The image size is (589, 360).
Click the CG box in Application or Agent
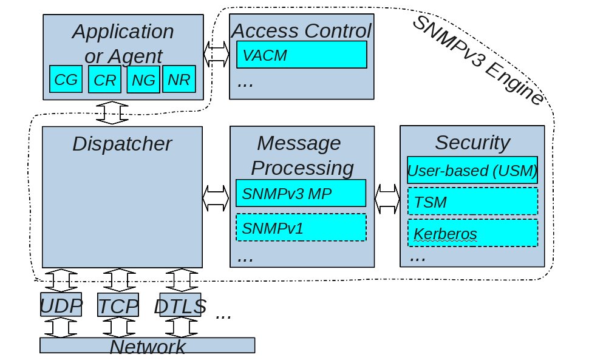(x=66, y=79)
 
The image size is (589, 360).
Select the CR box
(x=105, y=79)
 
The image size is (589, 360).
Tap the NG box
(x=143, y=79)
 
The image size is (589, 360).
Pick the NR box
(x=179, y=79)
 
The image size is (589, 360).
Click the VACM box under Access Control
(x=302, y=55)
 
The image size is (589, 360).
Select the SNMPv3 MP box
(x=301, y=193)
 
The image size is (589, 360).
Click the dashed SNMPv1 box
(x=301, y=228)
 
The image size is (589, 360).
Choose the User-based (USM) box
(x=472, y=170)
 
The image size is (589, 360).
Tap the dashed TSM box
(x=473, y=202)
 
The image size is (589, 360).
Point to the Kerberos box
(x=473, y=233)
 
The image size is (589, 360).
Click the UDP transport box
(x=61, y=305)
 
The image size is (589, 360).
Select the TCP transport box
(x=118, y=305)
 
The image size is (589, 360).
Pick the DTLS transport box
(x=180, y=305)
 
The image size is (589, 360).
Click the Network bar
(x=147, y=345)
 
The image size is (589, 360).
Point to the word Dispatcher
(x=122, y=144)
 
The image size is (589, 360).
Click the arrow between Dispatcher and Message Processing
(x=216, y=198)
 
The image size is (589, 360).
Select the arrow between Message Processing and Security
(x=387, y=199)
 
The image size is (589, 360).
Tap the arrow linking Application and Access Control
(x=216, y=55)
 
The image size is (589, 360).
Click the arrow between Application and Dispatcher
(x=112, y=113)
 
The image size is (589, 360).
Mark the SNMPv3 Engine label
(x=478, y=60)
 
